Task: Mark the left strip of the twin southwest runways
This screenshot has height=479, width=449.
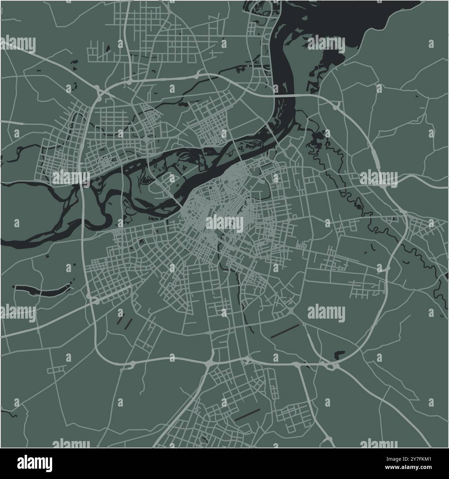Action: coord(120,317)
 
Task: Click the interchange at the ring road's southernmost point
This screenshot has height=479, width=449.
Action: coord(209,363)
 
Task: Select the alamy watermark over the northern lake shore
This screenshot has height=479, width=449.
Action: coord(326,45)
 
